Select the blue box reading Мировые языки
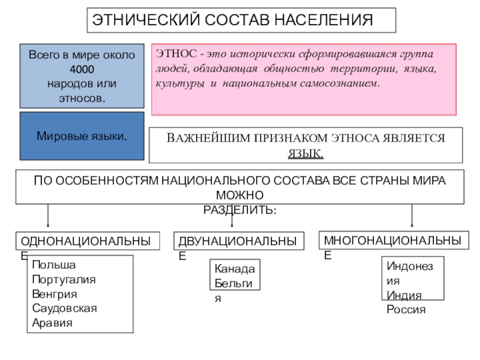click(82, 136)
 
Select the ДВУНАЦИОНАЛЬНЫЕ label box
click(236, 241)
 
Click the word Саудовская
click(64, 308)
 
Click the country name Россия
click(406, 310)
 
